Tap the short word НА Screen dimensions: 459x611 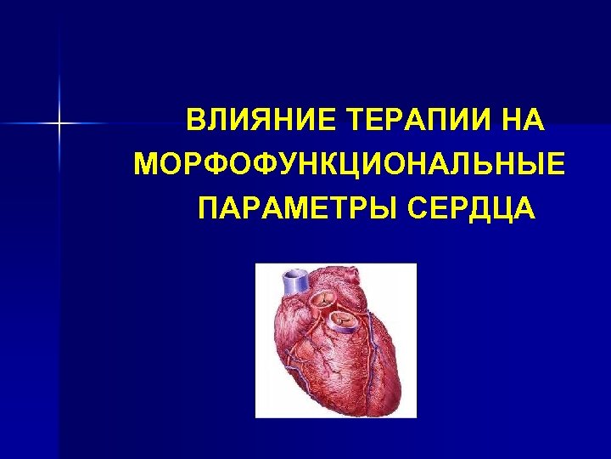tap(523, 120)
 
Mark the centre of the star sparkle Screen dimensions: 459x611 tap(60, 124)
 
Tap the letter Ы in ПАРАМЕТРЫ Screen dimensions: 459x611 tap(384, 207)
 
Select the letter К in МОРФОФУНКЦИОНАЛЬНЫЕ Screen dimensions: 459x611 tap(316, 163)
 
